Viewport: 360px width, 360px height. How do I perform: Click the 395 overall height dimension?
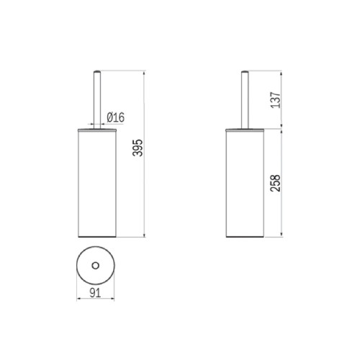coord(138,148)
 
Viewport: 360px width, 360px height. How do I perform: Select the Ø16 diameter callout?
coord(116,117)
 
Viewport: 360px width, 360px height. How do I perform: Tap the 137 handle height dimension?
coord(276,100)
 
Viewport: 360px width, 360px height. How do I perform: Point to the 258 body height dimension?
coord(275,183)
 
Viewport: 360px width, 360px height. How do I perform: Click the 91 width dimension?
coord(95,293)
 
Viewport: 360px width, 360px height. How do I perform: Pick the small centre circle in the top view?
coord(96,266)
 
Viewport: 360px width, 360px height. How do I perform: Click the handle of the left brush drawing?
coord(97,100)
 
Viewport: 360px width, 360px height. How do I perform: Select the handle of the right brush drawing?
coord(245,100)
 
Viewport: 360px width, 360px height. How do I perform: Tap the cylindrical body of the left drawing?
coord(97,184)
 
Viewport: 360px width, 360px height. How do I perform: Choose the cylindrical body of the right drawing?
coord(245,184)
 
